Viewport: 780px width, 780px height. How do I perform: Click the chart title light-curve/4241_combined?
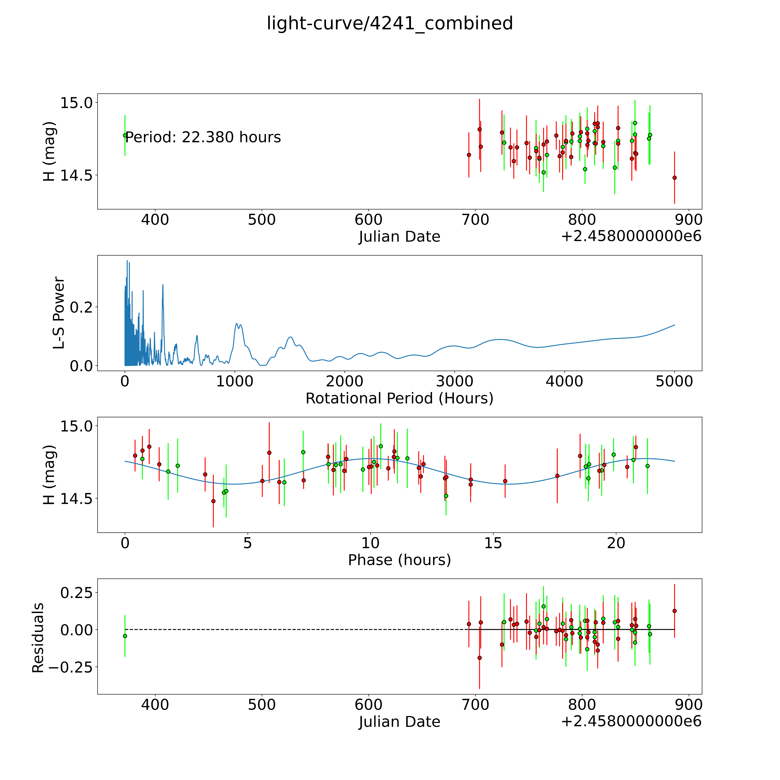390,23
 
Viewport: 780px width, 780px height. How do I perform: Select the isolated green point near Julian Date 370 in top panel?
125,135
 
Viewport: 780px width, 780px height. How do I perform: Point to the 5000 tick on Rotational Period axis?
674,381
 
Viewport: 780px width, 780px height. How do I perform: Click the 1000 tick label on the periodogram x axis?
235,381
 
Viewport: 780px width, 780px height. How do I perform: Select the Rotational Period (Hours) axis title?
399,399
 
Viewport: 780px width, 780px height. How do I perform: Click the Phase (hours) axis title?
399,560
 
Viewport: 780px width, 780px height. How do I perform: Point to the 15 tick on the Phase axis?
493,543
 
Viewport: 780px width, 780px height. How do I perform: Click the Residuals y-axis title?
38,638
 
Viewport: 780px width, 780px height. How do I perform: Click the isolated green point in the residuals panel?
125,636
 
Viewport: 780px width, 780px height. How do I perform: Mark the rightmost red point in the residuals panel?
674,611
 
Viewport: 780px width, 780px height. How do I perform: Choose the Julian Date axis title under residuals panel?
399,722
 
